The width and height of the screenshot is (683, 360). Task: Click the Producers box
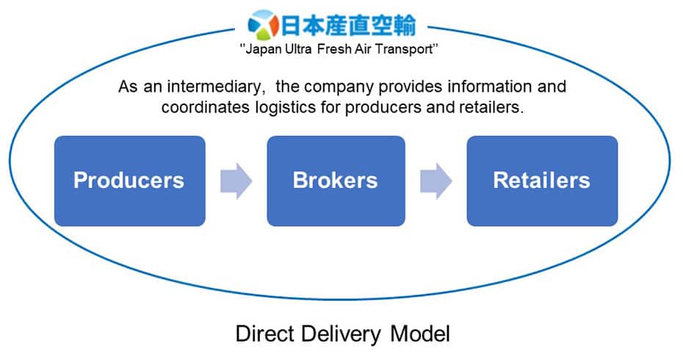point(129,181)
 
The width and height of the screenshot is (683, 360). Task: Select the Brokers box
point(335,181)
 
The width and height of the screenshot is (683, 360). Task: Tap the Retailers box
point(542,181)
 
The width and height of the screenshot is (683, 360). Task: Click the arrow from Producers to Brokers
point(236,181)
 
